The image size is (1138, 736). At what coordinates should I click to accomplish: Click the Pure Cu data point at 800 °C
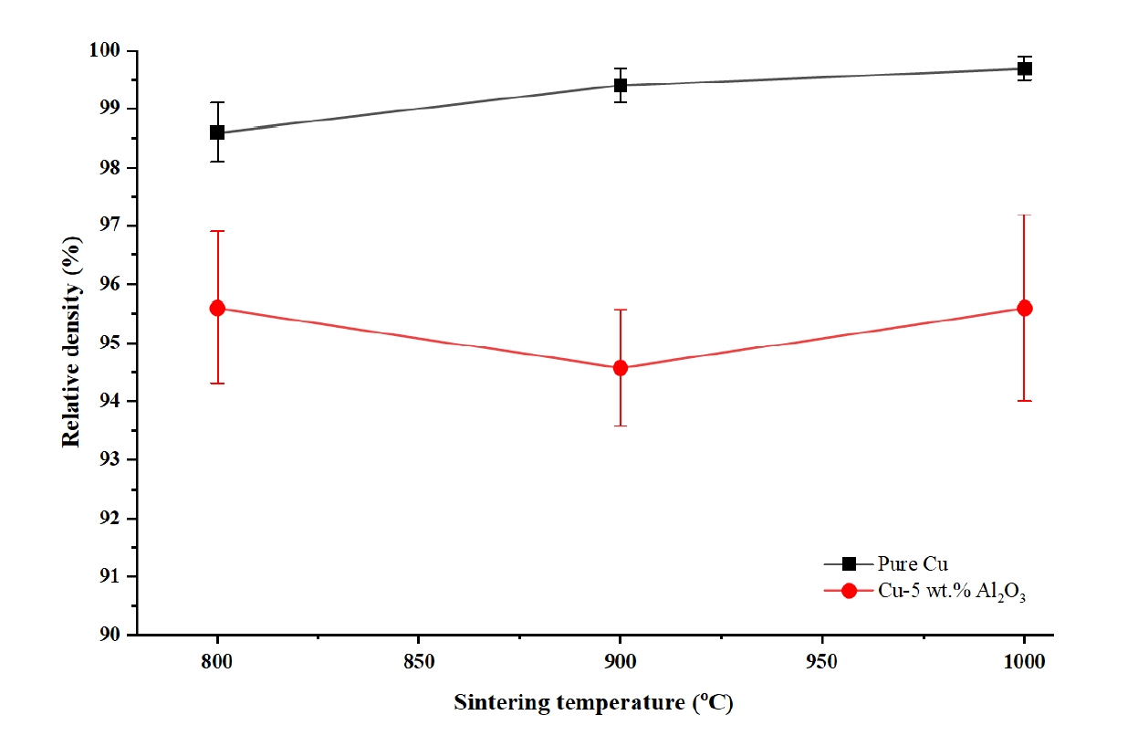(x=217, y=132)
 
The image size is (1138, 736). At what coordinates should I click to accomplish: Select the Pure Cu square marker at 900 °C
(x=621, y=86)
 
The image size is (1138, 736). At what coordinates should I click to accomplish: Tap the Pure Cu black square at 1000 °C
(x=1024, y=68)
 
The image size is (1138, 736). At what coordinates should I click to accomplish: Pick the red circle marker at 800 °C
(x=217, y=308)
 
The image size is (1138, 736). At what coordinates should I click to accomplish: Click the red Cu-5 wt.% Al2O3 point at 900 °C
(x=621, y=368)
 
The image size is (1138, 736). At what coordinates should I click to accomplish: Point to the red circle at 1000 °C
(x=1024, y=308)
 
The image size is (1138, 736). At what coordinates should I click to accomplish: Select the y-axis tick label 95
(x=112, y=342)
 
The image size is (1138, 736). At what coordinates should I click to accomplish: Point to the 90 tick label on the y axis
(x=112, y=635)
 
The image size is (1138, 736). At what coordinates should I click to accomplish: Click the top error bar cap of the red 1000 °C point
(x=1024, y=216)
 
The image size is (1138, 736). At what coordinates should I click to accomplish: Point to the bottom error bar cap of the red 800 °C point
(x=217, y=383)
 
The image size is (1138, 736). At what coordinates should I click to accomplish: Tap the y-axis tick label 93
(x=112, y=459)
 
